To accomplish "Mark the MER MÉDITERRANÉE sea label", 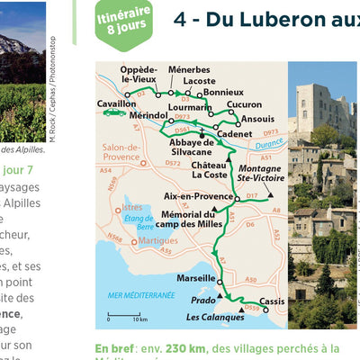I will (x=140, y=295).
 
